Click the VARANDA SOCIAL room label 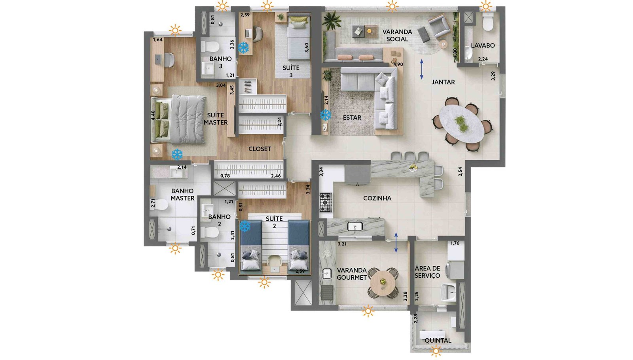coord(397,35)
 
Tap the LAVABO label coord(483,45)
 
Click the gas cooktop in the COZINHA coord(326,202)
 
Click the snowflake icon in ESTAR coord(326,115)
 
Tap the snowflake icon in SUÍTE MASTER coord(177,154)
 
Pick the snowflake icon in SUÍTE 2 coord(245,226)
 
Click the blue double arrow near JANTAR coord(422,69)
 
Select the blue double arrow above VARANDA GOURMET coord(396,243)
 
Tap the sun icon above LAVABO coord(486,6)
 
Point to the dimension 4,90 coord(398,64)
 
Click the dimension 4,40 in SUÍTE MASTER coord(153,115)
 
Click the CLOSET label coord(260,149)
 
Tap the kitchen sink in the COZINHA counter coord(355,227)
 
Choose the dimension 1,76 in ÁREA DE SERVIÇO coord(455,243)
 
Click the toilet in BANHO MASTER coord(160,205)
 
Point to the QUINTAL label coord(438,341)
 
